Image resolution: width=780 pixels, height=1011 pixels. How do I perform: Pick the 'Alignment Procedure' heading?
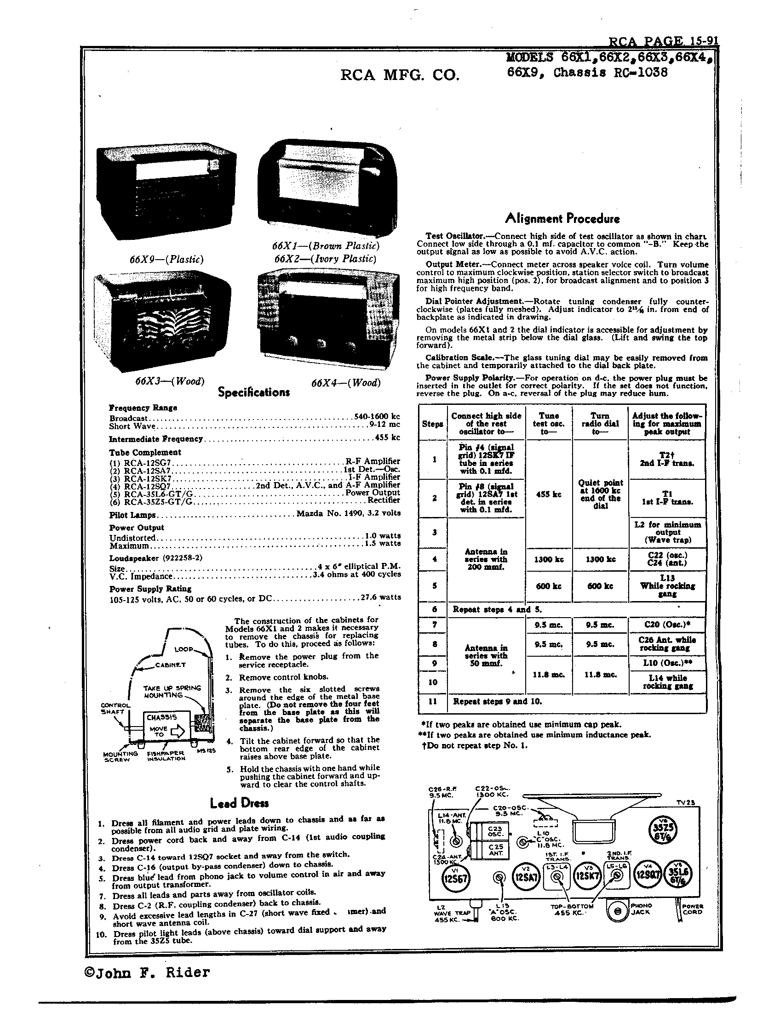pyautogui.click(x=562, y=218)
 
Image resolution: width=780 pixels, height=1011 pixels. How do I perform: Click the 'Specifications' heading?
pyautogui.click(x=254, y=392)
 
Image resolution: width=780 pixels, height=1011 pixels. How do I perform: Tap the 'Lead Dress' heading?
pyautogui.click(x=239, y=803)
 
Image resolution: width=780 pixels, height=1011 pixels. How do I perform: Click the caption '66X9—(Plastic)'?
pyautogui.click(x=167, y=259)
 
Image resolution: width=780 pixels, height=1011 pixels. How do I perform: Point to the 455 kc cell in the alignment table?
pyautogui.click(x=548, y=494)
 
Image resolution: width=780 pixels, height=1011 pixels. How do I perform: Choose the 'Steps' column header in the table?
pyautogui.click(x=432, y=424)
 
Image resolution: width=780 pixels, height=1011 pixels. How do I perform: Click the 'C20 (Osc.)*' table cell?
pyautogui.click(x=667, y=625)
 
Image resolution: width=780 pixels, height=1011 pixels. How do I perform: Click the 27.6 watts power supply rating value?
pyautogui.click(x=380, y=597)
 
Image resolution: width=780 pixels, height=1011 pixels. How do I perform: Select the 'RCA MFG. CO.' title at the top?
pyautogui.click(x=400, y=74)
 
